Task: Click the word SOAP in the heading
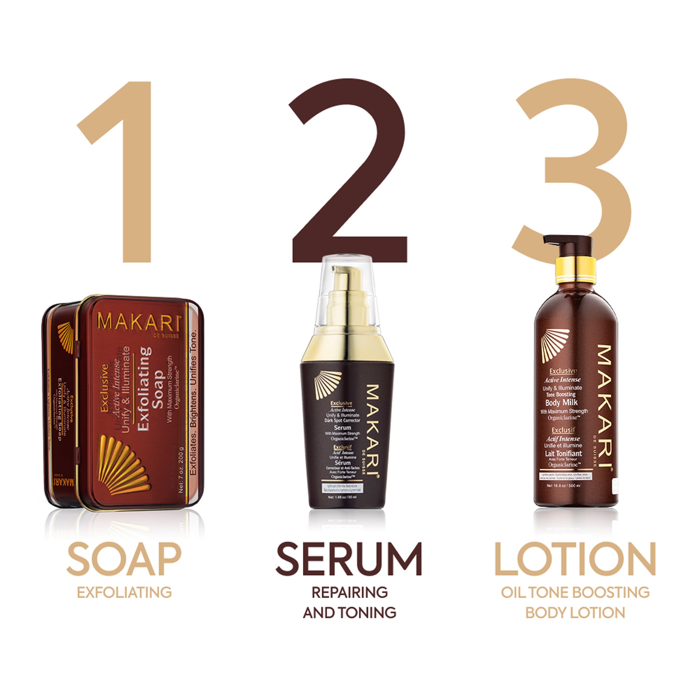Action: pyautogui.click(x=124, y=559)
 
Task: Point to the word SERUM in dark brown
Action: pyautogui.click(x=349, y=559)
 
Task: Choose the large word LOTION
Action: pyautogui.click(x=575, y=559)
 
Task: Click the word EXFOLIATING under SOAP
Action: pyautogui.click(x=124, y=592)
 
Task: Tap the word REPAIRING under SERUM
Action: pyautogui.click(x=349, y=592)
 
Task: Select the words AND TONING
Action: pyautogui.click(x=349, y=613)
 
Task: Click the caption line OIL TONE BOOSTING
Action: pyautogui.click(x=575, y=592)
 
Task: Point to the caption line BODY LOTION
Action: pyautogui.click(x=575, y=613)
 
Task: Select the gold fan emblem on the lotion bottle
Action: pyautogui.click(x=554, y=345)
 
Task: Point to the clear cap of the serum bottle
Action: pyautogui.click(x=348, y=290)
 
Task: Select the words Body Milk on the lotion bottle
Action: pyautogui.click(x=561, y=402)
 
